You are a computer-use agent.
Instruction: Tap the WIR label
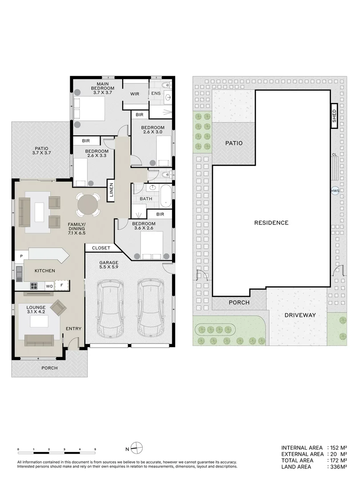(x=135, y=94)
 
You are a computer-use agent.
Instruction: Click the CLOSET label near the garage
(x=100, y=248)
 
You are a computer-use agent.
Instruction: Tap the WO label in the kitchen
(x=49, y=286)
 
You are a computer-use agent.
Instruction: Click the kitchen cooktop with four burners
(x=35, y=286)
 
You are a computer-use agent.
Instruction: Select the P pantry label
(x=21, y=256)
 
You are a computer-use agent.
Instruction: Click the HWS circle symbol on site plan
(x=335, y=191)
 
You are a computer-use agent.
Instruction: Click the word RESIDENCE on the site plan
(x=271, y=223)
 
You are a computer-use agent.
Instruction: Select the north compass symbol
(x=139, y=448)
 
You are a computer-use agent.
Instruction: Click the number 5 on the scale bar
(x=95, y=450)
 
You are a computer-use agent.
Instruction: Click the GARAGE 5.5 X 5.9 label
(x=108, y=266)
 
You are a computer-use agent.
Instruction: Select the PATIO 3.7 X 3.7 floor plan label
(x=40, y=152)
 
